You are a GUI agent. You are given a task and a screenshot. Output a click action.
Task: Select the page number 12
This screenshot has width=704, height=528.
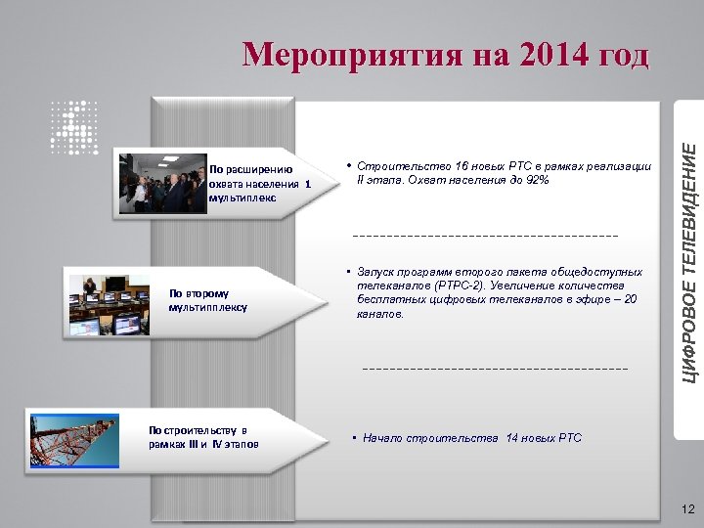(x=686, y=508)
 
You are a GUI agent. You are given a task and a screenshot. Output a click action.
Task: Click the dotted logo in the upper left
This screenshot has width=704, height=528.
(x=74, y=127)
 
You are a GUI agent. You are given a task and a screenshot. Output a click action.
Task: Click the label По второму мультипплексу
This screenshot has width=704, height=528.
(x=208, y=299)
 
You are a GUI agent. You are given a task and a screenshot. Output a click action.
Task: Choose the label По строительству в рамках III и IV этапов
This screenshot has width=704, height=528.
(x=203, y=437)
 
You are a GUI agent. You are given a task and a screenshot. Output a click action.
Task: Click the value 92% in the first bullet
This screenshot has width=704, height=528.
(x=536, y=180)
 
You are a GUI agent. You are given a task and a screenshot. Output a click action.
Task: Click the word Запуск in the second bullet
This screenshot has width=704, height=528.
(x=377, y=271)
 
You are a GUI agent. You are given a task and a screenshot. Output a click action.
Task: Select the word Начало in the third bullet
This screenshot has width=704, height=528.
(x=382, y=438)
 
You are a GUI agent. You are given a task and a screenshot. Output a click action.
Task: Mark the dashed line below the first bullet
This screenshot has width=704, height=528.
(x=485, y=236)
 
